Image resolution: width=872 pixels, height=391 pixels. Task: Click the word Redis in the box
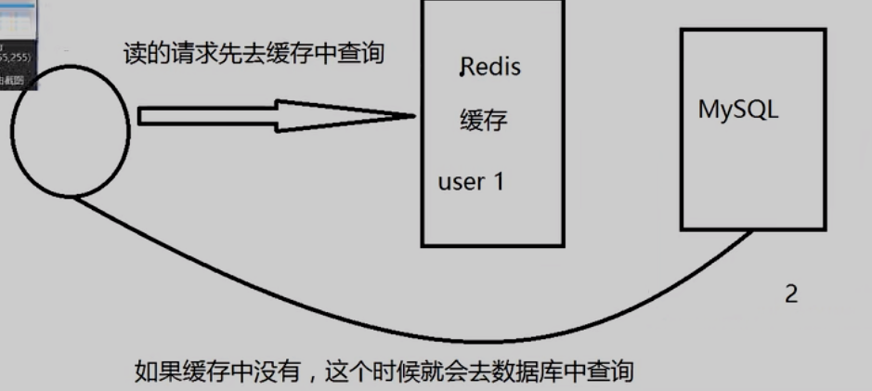(x=492, y=67)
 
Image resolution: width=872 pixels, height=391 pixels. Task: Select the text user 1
(x=470, y=181)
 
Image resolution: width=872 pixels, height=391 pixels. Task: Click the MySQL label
(x=738, y=109)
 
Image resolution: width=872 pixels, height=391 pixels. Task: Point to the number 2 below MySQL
(x=790, y=294)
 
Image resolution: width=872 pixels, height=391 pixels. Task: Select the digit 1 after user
(x=498, y=181)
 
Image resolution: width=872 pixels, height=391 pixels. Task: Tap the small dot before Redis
(x=462, y=70)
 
